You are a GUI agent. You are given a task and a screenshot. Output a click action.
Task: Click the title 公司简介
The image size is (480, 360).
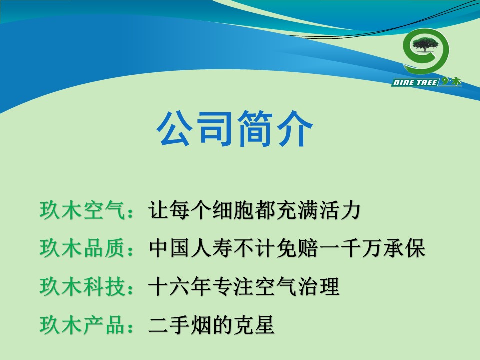(235, 128)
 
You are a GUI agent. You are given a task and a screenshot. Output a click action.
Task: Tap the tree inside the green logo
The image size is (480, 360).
(425, 44)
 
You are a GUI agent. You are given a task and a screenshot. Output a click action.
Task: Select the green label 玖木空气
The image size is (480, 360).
(82, 210)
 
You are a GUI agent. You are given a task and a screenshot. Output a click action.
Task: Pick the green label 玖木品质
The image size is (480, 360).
(82, 248)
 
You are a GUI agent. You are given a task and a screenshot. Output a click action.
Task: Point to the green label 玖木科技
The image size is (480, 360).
(82, 286)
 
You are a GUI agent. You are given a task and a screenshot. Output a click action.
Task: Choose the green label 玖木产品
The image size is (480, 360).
(82, 325)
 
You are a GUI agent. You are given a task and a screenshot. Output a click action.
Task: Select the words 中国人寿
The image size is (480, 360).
(190, 248)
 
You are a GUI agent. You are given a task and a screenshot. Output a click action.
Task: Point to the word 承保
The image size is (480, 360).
(404, 248)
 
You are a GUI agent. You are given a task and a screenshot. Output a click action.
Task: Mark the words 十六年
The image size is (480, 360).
(180, 286)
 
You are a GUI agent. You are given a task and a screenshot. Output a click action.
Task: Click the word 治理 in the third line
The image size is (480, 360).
(318, 286)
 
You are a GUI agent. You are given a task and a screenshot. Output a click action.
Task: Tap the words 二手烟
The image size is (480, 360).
(180, 325)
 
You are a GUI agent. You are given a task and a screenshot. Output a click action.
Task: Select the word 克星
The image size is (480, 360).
(254, 325)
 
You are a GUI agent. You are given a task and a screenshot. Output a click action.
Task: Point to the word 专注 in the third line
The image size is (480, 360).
(233, 286)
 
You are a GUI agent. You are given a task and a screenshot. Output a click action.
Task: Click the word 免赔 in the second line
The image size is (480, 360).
(297, 248)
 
